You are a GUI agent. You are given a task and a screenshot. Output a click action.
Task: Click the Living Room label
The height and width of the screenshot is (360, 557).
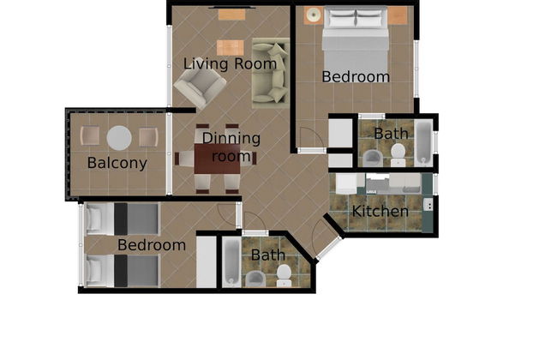pyautogui.click(x=230, y=64)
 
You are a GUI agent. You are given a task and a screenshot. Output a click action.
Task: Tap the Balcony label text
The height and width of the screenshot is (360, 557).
pyautogui.click(x=117, y=163)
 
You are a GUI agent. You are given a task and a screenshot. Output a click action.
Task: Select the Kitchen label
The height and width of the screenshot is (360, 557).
pyautogui.click(x=380, y=212)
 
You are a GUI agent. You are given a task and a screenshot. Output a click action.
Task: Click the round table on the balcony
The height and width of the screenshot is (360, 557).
pyautogui.click(x=119, y=138)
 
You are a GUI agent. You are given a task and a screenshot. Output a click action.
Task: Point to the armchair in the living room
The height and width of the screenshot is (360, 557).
pyautogui.click(x=200, y=84)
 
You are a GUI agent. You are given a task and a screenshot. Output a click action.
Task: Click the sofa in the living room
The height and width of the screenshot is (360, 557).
pyautogui.click(x=270, y=73)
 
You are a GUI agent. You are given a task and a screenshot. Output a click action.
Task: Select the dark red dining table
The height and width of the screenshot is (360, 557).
pyautogui.click(x=217, y=159)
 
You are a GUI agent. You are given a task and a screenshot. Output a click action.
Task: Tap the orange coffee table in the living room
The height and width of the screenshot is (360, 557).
pyautogui.click(x=231, y=48)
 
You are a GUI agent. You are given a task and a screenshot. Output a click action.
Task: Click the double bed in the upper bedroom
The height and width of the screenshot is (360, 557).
pyautogui.click(x=355, y=43)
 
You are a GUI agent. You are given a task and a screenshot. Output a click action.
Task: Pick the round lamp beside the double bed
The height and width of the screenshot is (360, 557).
pyautogui.click(x=314, y=15)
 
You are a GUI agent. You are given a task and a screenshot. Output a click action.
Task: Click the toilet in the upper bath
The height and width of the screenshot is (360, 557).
pyautogui.click(x=398, y=155)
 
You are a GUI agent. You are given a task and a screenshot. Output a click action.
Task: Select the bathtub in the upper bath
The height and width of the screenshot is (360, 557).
pyautogui.click(x=423, y=143)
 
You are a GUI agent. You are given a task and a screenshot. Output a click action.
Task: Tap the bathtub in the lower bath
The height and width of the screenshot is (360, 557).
pyautogui.click(x=231, y=262)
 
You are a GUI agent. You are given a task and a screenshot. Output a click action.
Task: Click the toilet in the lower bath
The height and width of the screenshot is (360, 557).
pyautogui.click(x=284, y=275)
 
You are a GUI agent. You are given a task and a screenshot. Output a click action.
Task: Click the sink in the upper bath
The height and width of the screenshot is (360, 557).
pyautogui.click(x=372, y=159)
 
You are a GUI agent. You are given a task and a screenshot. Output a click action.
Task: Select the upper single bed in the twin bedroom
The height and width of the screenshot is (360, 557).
pyautogui.click(x=122, y=219)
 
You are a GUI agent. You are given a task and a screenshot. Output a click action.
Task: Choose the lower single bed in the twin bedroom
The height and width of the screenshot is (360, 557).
pyautogui.click(x=122, y=271)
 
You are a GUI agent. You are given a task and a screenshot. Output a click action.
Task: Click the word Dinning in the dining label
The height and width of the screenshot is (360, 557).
pyautogui.click(x=231, y=139)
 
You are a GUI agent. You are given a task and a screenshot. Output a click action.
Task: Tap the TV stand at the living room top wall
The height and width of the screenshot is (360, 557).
pyautogui.click(x=231, y=15)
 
